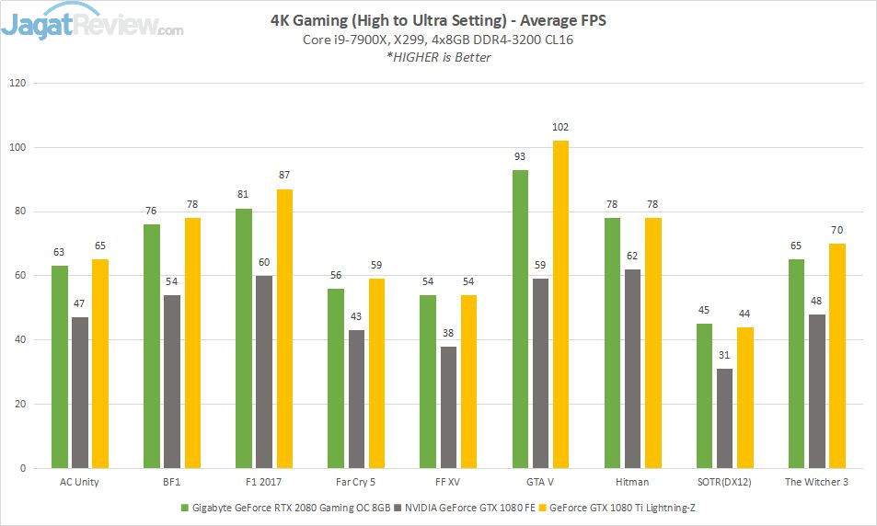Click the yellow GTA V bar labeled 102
(x=560, y=304)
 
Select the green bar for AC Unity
(x=60, y=367)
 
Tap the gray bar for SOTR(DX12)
(x=724, y=418)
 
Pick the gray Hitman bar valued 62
(x=632, y=368)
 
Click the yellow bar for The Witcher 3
(x=837, y=356)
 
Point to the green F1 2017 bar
(x=244, y=338)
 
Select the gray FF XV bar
(x=448, y=407)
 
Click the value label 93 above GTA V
(x=520, y=158)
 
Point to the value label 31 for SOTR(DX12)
(x=724, y=357)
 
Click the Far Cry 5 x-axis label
(x=356, y=482)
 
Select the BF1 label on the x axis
(x=172, y=482)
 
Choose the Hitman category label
(x=632, y=482)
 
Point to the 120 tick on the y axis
(x=17, y=83)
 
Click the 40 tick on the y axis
(x=19, y=340)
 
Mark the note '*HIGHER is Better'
(x=438, y=57)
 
